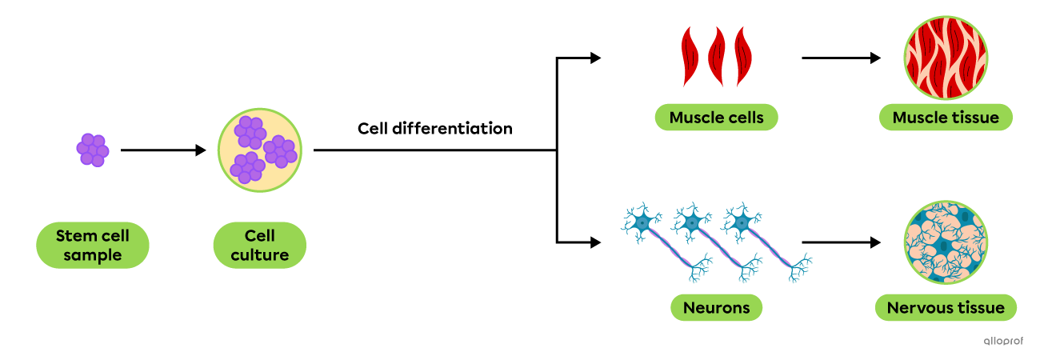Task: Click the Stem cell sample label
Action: click(92, 246)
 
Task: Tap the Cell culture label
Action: click(259, 246)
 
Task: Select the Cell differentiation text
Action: click(435, 129)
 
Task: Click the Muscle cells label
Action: click(716, 118)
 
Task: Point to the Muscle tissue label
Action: click(946, 118)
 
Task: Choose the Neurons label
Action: click(716, 307)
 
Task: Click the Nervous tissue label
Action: click(946, 307)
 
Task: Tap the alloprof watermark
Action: click(1003, 341)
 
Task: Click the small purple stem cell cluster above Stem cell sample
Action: click(93, 150)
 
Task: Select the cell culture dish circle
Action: click(259, 150)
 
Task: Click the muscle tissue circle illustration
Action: click(946, 58)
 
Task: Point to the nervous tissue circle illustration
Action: click(946, 242)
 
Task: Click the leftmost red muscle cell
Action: click(690, 57)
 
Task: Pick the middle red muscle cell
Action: click(716, 57)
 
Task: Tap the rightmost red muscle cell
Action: click(743, 57)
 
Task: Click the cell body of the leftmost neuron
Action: click(642, 223)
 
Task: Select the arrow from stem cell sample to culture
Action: click(163, 150)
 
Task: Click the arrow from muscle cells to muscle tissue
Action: click(842, 58)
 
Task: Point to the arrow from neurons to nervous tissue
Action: click(842, 242)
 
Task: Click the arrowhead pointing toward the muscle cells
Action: click(596, 58)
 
